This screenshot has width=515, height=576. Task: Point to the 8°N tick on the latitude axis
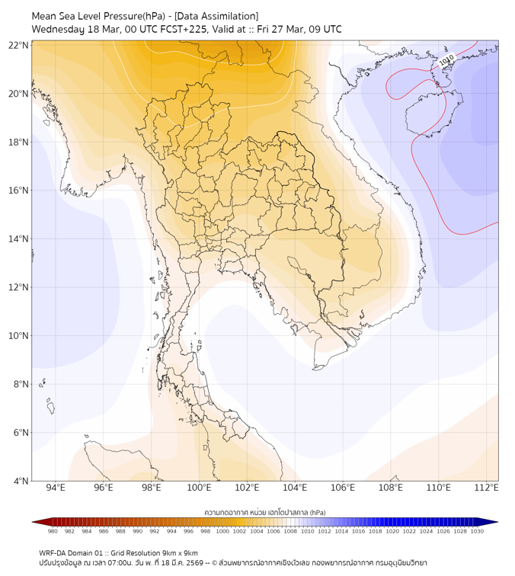20,385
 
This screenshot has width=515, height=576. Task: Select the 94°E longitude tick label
56,488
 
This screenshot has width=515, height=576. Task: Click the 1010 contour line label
446,59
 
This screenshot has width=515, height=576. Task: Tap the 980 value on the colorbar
53,531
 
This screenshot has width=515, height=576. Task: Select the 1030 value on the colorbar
477,531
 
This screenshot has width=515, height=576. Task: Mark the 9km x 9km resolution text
178,552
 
